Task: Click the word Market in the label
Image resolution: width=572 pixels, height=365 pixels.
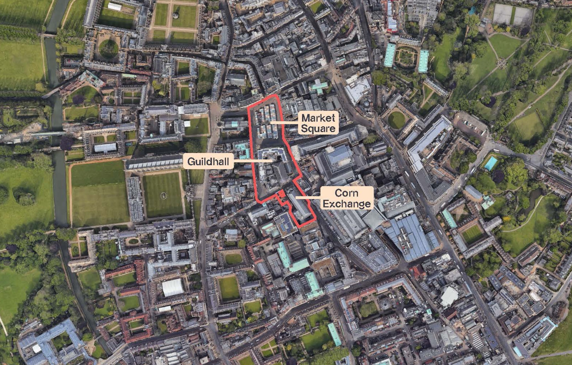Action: click(318, 118)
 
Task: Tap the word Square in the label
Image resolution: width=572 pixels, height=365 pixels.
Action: click(318, 128)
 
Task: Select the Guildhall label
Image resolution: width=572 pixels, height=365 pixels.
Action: click(208, 162)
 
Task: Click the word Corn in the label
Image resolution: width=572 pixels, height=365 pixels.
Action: click(346, 193)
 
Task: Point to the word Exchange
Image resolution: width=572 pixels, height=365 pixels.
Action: click(347, 204)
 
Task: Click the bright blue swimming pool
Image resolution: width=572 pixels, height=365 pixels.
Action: click(491, 164)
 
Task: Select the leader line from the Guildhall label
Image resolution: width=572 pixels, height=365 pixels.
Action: click(253, 161)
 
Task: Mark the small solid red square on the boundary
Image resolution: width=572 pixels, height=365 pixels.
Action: click(280, 194)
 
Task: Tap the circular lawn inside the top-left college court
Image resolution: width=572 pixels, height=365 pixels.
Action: click(108, 49)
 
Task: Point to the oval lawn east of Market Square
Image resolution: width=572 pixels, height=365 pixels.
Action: click(397, 120)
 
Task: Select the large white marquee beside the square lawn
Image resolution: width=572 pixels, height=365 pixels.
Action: click(173, 287)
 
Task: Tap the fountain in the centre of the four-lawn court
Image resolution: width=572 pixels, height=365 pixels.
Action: click(175, 16)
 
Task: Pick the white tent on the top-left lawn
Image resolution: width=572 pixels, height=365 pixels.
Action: click(115, 7)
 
